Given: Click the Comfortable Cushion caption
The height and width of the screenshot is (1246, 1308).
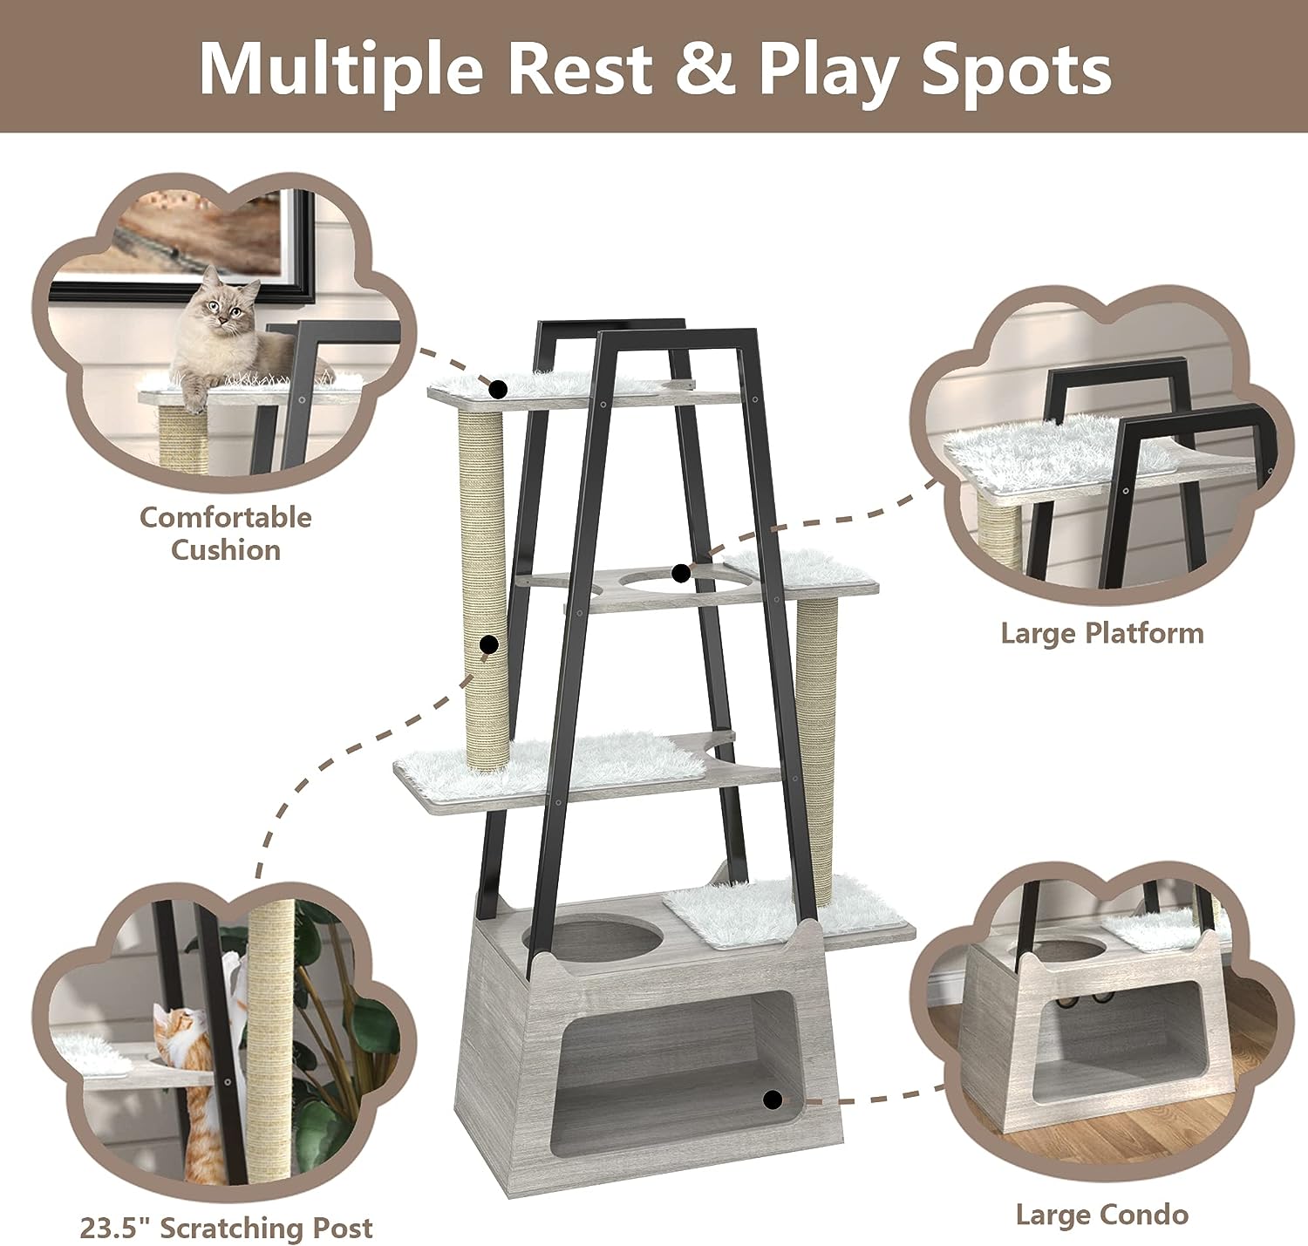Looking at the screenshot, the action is (x=226, y=533).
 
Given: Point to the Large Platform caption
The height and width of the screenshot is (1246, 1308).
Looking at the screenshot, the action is (x=1102, y=633).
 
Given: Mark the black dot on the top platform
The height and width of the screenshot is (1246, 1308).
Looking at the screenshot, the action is (x=498, y=389).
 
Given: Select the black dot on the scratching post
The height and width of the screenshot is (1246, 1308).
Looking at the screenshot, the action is (x=490, y=644).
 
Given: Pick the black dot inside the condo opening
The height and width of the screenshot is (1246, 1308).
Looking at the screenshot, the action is (x=772, y=1100).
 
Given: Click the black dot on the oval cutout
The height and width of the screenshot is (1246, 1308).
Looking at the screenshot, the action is (x=681, y=573).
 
